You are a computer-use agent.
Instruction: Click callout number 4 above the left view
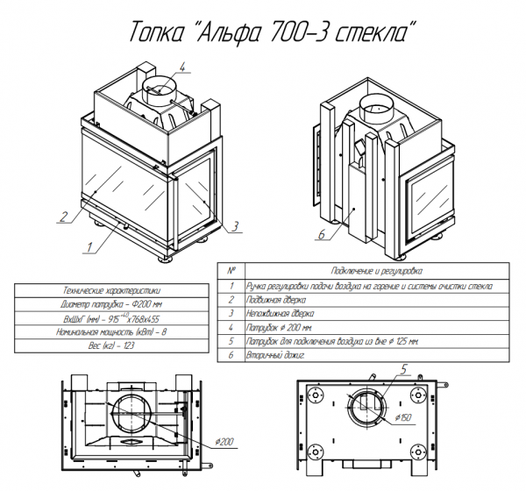click(181, 67)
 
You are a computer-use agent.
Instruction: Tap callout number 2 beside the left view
click(64, 217)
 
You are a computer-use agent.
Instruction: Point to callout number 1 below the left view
click(89, 247)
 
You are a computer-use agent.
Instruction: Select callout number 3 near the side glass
click(235, 226)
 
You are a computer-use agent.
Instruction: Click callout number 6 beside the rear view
click(321, 234)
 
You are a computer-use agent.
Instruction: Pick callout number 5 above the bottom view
click(403, 369)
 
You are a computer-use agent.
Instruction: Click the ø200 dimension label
click(224, 442)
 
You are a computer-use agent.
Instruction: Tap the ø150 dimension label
click(403, 417)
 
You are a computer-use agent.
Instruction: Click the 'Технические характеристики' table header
click(111, 290)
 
